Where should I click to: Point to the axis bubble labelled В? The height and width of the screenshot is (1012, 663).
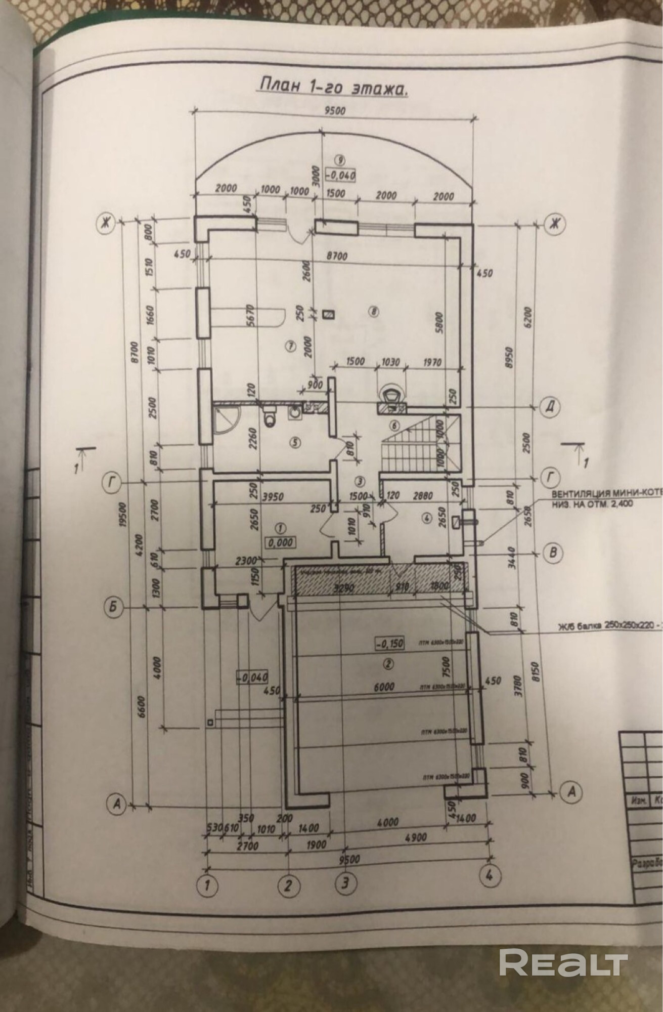coord(553,553)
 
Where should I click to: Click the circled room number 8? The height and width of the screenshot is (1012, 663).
coord(374,312)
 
